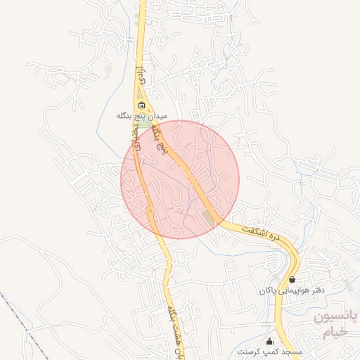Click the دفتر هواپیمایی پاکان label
290,289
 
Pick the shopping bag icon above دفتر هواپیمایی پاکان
292,279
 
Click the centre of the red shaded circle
180,179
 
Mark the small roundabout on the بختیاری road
150,210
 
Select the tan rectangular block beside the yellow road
210,218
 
